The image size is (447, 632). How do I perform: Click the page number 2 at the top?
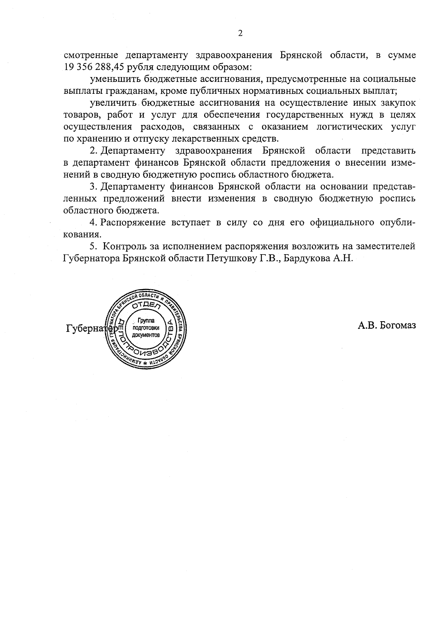tap(240, 33)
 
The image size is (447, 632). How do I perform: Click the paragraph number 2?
tap(93, 151)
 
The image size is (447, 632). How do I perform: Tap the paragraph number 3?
tap(93, 186)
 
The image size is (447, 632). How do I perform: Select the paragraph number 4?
tap(93, 222)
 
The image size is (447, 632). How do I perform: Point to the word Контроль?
tap(126, 246)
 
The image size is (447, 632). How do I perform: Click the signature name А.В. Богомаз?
tap(387, 326)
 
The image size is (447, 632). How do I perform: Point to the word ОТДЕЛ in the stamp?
tap(146, 306)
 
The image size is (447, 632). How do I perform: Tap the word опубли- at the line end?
tap(398, 223)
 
